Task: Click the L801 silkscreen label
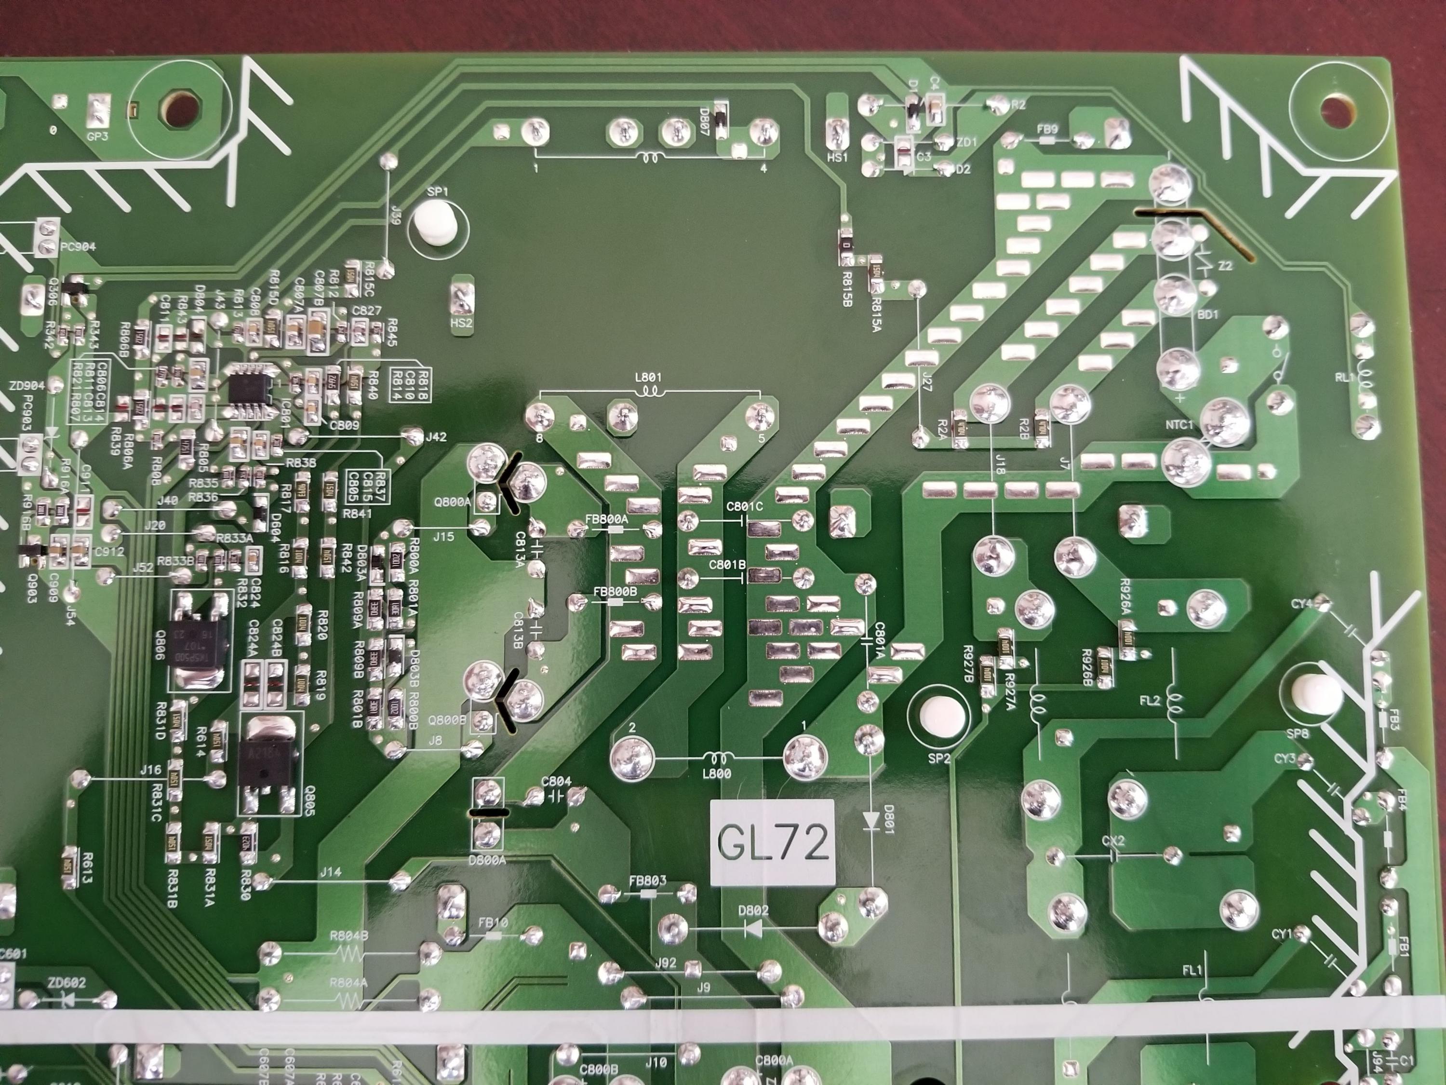tap(648, 378)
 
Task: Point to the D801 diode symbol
tap(870, 819)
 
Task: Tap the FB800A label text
tap(607, 518)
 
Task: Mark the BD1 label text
tap(1207, 314)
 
